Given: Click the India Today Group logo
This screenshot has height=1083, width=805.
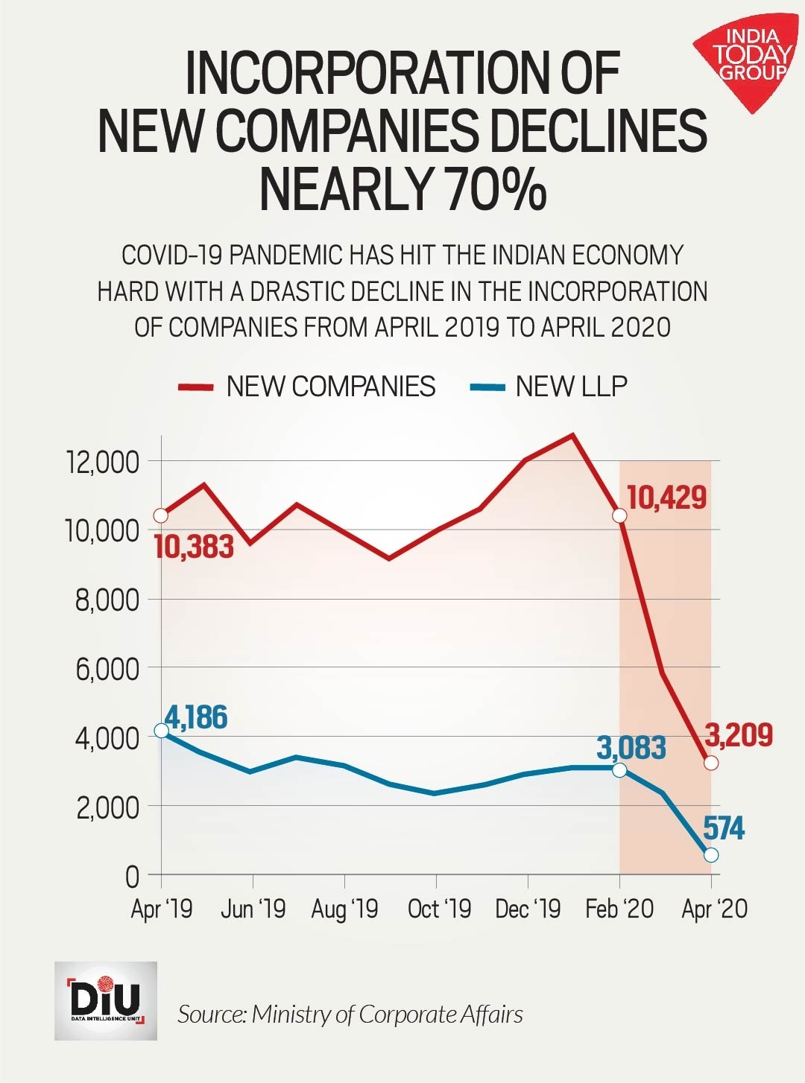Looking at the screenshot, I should click(747, 60).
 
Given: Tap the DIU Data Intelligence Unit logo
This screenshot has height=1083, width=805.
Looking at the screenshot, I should click(105, 1000).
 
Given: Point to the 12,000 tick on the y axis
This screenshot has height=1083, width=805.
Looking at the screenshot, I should click(103, 463).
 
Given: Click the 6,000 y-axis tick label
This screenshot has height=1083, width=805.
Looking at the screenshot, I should click(107, 670).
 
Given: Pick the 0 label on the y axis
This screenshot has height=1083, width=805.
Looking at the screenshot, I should click(132, 877).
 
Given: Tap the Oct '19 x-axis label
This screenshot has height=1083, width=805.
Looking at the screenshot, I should click(439, 909).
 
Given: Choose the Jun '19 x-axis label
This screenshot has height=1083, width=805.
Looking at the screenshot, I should click(253, 909).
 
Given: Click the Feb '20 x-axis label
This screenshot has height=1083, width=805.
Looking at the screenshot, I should click(619, 909).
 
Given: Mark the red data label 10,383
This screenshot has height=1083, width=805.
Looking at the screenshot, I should click(194, 547).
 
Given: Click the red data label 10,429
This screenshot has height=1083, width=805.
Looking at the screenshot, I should click(666, 498).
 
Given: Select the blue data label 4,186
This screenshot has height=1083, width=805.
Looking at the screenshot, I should click(196, 717).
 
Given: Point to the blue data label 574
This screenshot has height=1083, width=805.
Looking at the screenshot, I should click(724, 828).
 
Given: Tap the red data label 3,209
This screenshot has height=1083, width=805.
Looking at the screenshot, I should click(739, 735).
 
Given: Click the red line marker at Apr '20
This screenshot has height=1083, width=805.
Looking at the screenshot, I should click(711, 763).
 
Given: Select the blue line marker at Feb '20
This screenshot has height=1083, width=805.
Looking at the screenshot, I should click(619, 769).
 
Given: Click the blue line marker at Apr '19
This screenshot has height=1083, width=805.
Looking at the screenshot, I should click(161, 731).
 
